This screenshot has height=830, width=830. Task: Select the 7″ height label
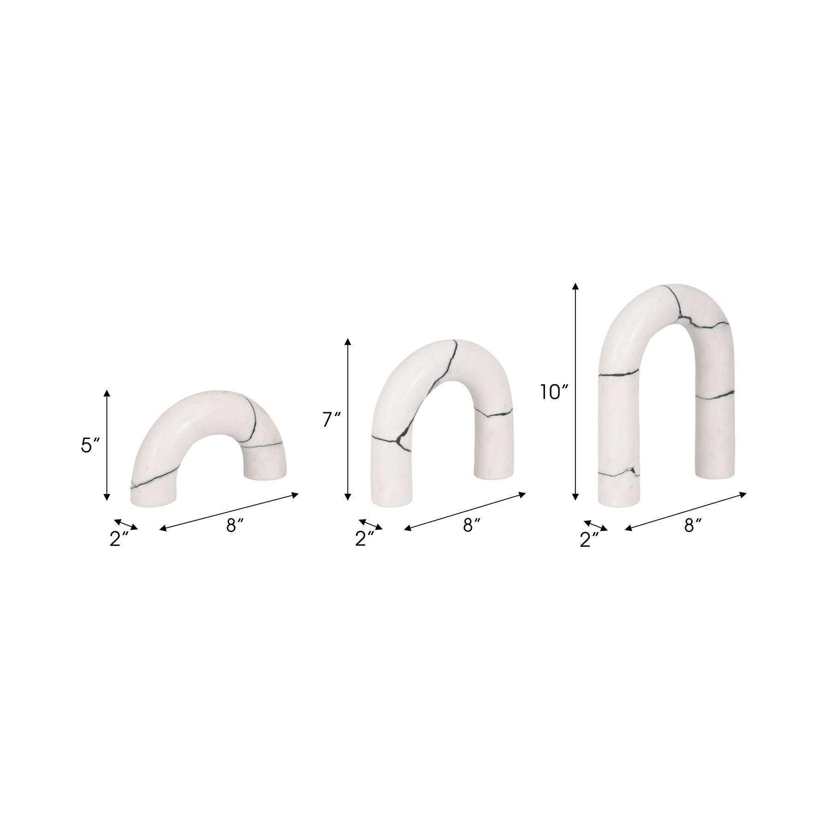point(332,420)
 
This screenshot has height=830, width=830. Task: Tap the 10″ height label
point(555,379)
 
